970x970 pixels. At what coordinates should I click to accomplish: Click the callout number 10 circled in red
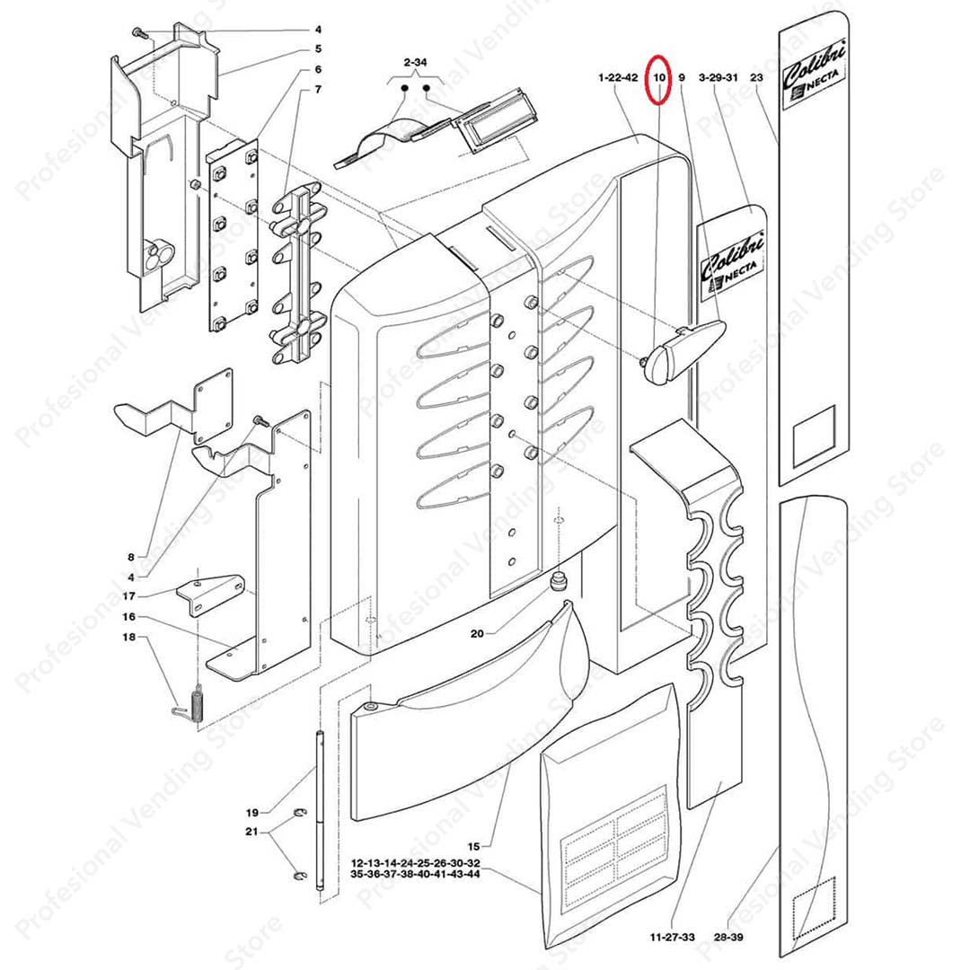point(659,79)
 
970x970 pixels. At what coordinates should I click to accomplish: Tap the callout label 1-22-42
point(618,79)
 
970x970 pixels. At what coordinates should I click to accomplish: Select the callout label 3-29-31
point(718,79)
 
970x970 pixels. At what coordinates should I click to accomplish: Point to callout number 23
point(755,79)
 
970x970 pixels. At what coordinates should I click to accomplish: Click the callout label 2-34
point(415,62)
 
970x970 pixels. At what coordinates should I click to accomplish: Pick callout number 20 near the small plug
point(477,633)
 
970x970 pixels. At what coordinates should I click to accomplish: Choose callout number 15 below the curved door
point(474,846)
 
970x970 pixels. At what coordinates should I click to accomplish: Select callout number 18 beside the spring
point(129,637)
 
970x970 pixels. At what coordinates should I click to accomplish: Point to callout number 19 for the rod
point(252,812)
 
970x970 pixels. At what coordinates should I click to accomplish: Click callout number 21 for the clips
point(252,832)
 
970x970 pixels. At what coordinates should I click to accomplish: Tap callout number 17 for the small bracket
point(129,595)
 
